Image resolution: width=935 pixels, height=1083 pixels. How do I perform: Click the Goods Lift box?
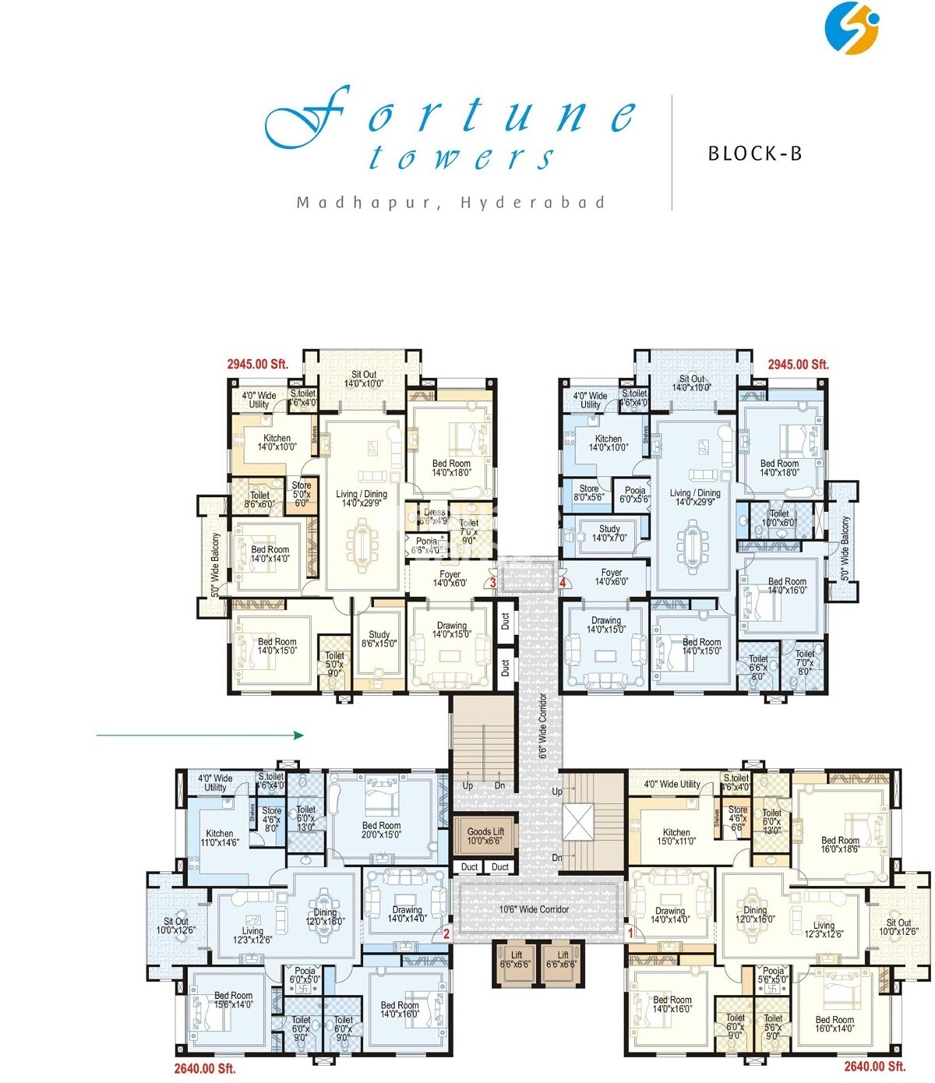pyautogui.click(x=485, y=836)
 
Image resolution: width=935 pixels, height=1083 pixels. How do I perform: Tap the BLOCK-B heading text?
pyautogui.click(x=754, y=153)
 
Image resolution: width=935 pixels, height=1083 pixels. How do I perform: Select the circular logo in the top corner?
pyautogui.click(x=852, y=29)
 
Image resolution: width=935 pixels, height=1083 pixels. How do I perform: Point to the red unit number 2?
pyautogui.click(x=446, y=933)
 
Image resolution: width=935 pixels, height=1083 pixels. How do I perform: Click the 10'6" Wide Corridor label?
pyautogui.click(x=534, y=909)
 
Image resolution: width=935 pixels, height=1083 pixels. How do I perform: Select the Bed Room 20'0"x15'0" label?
pyautogui.click(x=381, y=831)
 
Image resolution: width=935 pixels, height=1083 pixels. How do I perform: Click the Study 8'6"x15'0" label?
pyautogui.click(x=379, y=640)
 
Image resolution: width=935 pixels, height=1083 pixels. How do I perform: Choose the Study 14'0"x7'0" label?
pyautogui.click(x=609, y=534)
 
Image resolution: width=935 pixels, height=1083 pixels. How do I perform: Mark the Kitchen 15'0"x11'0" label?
pyautogui.click(x=676, y=837)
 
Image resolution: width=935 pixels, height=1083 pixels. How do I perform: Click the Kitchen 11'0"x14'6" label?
pyautogui.click(x=219, y=838)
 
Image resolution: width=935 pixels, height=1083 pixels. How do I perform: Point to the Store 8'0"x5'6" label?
pyautogui.click(x=588, y=493)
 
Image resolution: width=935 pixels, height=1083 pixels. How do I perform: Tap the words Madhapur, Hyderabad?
pyautogui.click(x=451, y=203)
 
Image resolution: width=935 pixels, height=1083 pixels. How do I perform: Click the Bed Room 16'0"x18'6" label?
pyautogui.click(x=840, y=845)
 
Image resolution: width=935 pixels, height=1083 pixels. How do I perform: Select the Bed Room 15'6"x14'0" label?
pyautogui.click(x=233, y=1000)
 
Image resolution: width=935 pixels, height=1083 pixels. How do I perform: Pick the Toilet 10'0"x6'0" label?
pyautogui.click(x=779, y=518)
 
